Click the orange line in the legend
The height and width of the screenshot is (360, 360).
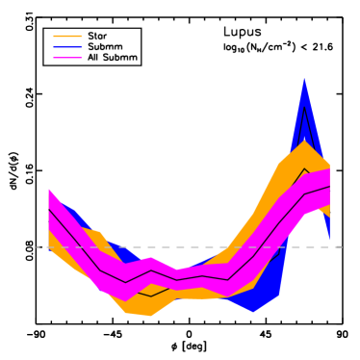67,36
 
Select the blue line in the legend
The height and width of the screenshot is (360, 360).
67,47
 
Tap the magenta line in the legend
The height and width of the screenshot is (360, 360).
67,58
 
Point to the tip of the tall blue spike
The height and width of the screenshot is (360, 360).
304,78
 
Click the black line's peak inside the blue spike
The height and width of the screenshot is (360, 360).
304,105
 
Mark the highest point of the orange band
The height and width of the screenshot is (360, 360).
304,141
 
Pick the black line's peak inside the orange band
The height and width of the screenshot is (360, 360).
305,168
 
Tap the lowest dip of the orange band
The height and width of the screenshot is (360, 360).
150,316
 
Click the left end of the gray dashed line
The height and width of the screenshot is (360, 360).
38,247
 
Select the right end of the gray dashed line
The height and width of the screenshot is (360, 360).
342,247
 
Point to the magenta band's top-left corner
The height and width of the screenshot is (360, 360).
49,189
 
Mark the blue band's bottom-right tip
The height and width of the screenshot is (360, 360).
329,239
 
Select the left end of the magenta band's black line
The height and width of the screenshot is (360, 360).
49,209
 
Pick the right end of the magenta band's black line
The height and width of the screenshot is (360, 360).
330,186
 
